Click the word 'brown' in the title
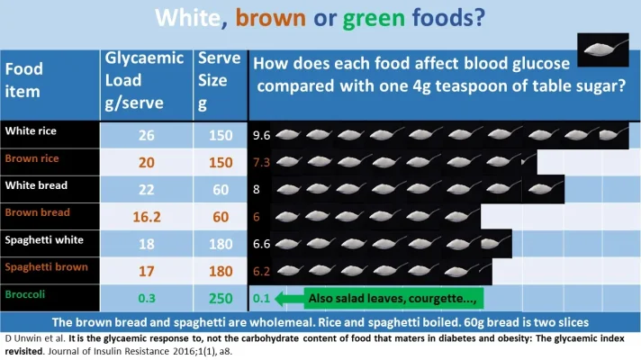(x=270, y=19)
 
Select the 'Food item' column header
(x=24, y=78)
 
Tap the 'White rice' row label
(x=31, y=131)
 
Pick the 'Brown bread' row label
(x=37, y=213)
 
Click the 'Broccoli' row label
(x=26, y=293)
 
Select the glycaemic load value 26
(x=147, y=136)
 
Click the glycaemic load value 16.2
(x=147, y=217)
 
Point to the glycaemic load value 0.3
(x=147, y=298)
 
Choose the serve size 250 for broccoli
(x=219, y=298)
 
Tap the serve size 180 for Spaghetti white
(x=219, y=244)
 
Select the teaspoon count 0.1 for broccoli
(x=261, y=298)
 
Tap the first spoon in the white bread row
(x=290, y=190)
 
